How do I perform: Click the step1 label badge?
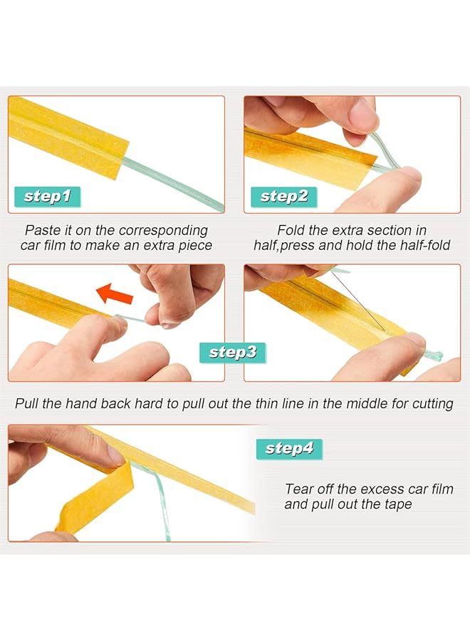[x=48, y=196]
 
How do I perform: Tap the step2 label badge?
[x=284, y=196]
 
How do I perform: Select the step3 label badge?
[x=233, y=351]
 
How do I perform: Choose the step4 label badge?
[x=288, y=448]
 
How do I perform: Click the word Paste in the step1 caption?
[x=42, y=230]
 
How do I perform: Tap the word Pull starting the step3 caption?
[x=27, y=403]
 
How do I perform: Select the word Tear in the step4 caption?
[x=299, y=489]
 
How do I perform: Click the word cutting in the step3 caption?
[x=432, y=404]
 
